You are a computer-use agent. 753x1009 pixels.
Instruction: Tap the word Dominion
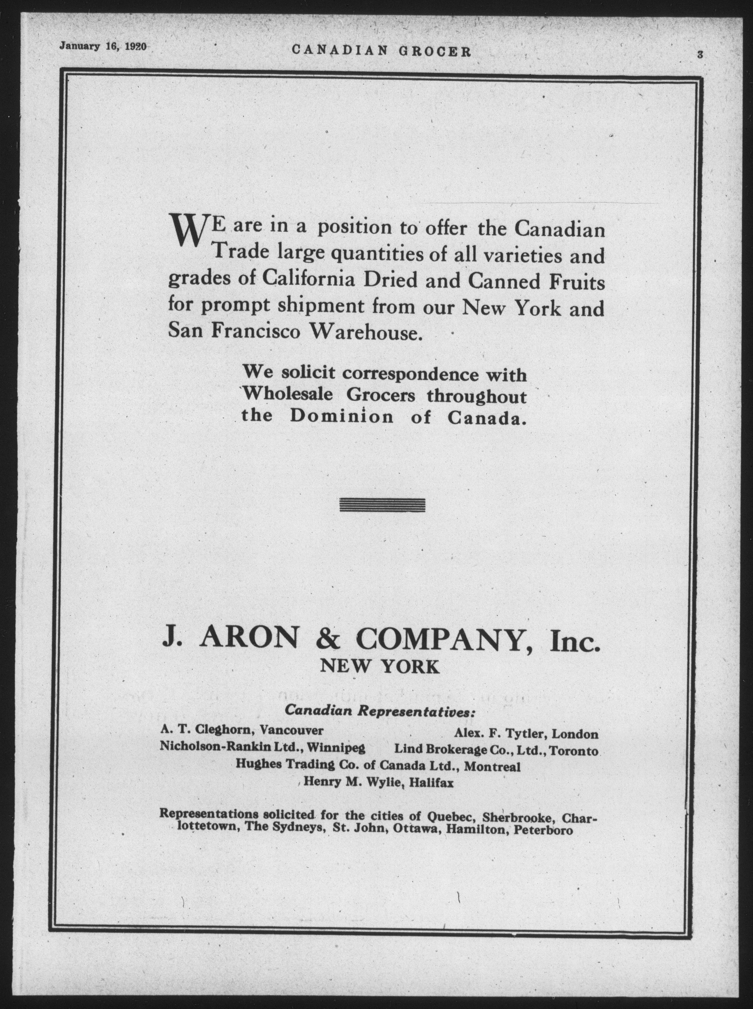click(342, 417)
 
